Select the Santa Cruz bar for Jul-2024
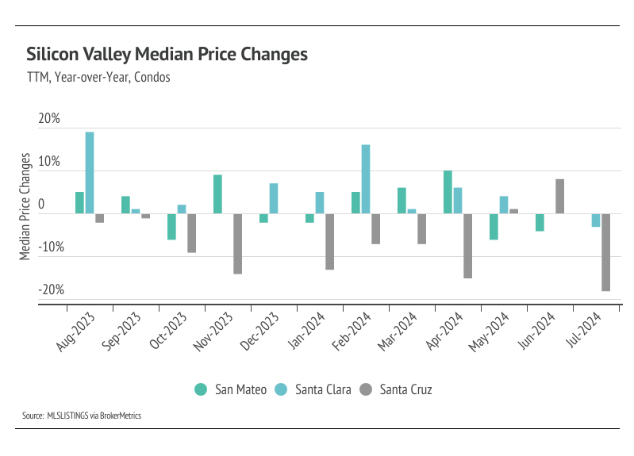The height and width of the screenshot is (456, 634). [x=605, y=253]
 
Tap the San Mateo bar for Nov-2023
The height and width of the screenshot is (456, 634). [x=217, y=194]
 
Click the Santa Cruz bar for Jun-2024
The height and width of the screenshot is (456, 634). [x=559, y=197]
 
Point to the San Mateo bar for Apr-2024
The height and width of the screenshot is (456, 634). [x=448, y=192]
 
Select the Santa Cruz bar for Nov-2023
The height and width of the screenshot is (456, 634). [x=238, y=243]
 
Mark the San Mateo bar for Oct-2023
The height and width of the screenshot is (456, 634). [x=171, y=227]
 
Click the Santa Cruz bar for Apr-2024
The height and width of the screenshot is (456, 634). [x=468, y=246]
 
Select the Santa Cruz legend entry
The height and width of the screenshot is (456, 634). [x=395, y=389]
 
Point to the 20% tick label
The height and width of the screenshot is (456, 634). [x=49, y=119]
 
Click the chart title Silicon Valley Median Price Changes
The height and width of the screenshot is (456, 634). [x=167, y=55]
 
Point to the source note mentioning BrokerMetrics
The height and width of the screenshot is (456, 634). [x=83, y=416]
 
